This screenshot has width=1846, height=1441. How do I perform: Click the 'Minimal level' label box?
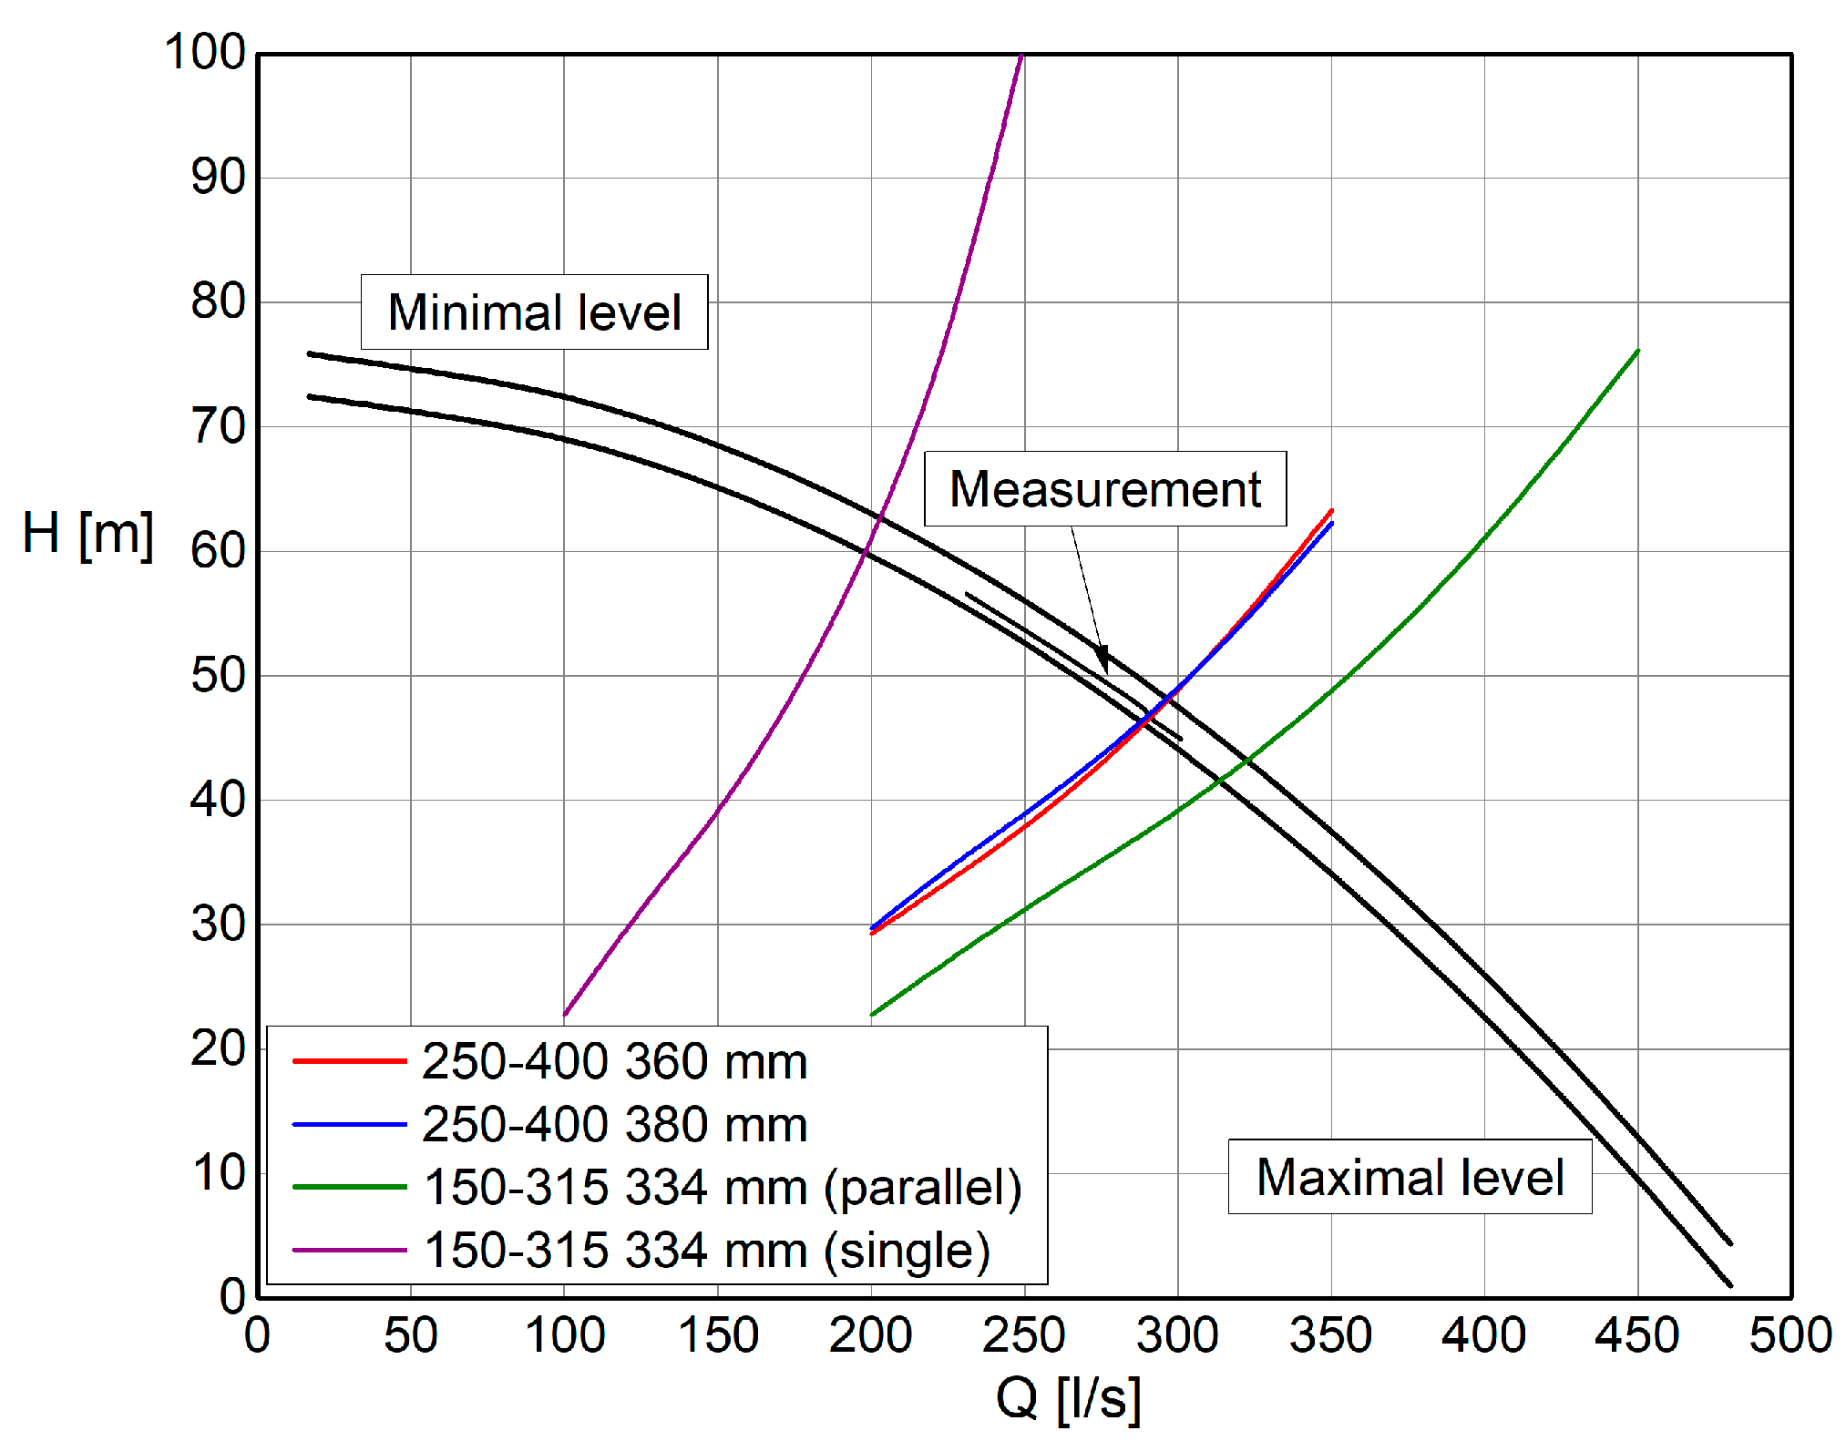coord(534,312)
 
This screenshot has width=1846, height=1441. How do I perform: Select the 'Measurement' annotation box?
coord(1104,488)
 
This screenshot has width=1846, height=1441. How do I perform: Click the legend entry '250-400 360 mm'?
coord(614,1061)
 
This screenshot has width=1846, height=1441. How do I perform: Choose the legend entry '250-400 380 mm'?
coord(614,1124)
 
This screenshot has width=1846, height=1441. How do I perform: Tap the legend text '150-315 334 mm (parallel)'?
coord(723,1187)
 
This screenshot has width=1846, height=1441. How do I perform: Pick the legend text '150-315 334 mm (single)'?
coord(707,1250)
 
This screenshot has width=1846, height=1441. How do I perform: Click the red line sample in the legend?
coord(349,1061)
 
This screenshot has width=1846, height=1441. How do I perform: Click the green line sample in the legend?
coord(349,1187)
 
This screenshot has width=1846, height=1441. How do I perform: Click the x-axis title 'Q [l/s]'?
coord(1068,1397)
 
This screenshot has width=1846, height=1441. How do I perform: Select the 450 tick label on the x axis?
coord(1637,1335)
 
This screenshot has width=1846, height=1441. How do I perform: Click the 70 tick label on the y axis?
coord(219,426)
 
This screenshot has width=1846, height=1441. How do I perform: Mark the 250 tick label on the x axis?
coord(1024,1335)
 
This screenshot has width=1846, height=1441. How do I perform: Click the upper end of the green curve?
coord(1637,351)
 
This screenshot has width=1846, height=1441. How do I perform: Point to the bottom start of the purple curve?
coord(566,1013)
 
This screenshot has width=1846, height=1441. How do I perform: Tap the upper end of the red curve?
coord(1331,511)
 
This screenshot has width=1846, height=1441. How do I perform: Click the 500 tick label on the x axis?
coord(1790,1335)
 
